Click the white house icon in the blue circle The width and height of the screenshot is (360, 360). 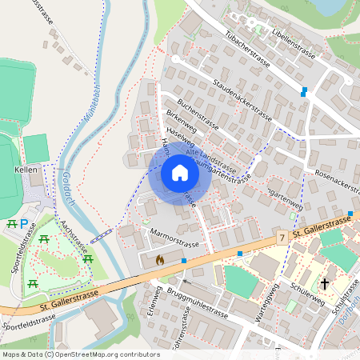pyautogui.click(x=180, y=173)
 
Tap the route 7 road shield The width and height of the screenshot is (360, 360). pyautogui.click(x=282, y=238)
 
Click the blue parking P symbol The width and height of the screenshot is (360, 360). pyautogui.click(x=24, y=225)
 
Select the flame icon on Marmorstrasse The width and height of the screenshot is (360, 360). pyautogui.click(x=159, y=259)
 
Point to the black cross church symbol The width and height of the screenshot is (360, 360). pyautogui.click(x=325, y=283)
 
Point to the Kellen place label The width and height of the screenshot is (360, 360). pyautogui.click(x=26, y=170)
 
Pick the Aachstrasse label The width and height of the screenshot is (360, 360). pyautogui.click(x=73, y=239)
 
